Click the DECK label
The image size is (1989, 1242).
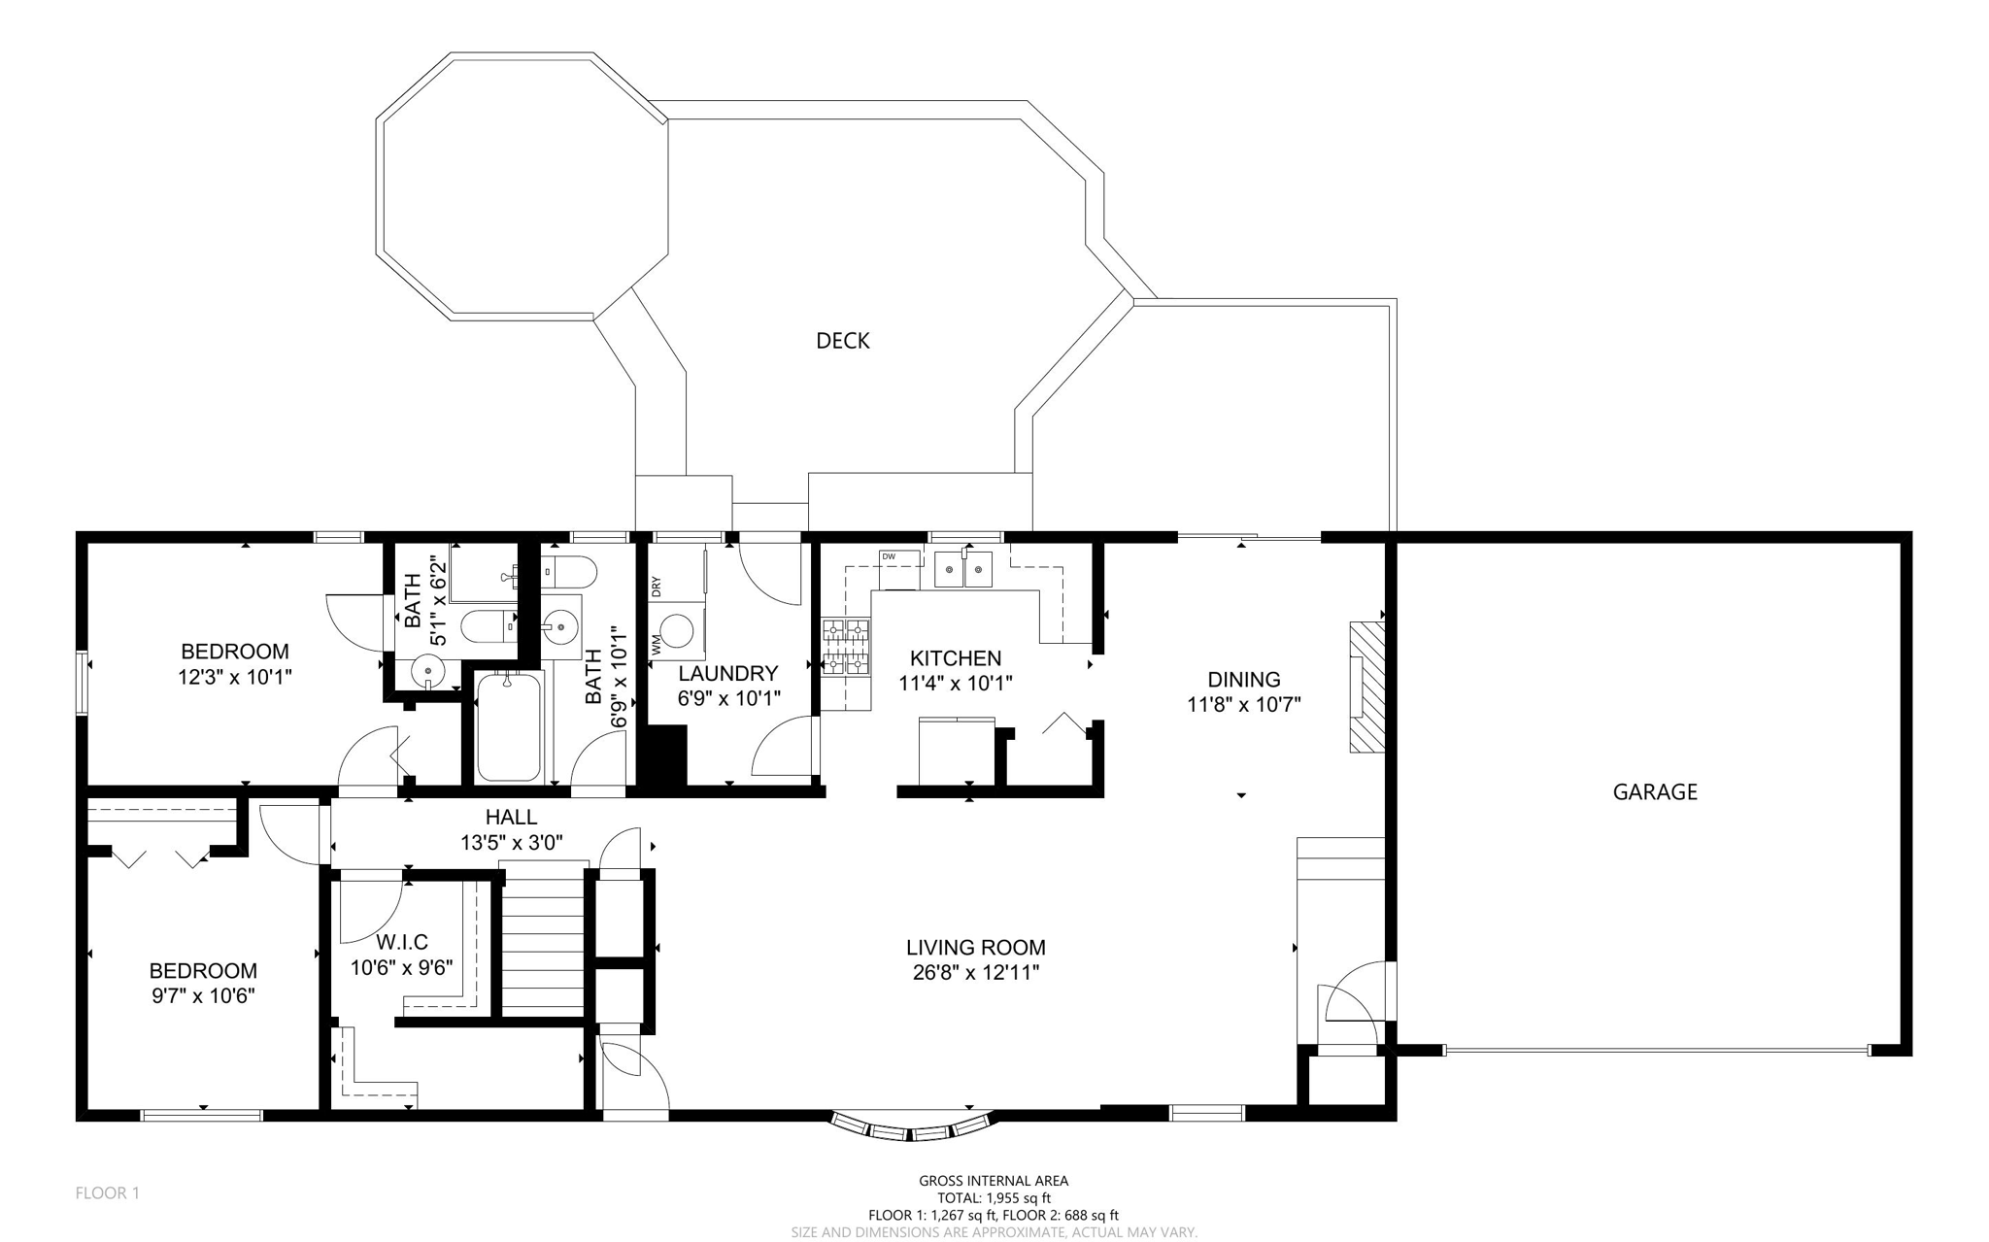842,341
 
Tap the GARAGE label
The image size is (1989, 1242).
1654,792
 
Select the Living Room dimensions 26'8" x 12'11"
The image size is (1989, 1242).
975,973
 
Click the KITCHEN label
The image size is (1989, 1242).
955,658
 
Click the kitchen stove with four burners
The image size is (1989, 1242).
846,647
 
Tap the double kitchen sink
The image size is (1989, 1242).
963,570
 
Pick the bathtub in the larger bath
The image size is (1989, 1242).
508,726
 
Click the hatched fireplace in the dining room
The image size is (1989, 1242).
1365,687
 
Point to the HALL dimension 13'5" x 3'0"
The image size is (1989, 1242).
511,843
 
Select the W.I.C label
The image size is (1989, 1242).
401,942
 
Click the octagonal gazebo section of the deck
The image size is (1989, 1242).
522,185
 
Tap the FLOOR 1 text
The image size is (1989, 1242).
107,1192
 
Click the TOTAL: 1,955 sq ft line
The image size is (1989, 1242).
993,1198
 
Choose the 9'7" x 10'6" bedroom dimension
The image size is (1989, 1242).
202,996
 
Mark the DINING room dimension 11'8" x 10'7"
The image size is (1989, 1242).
1243,705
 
